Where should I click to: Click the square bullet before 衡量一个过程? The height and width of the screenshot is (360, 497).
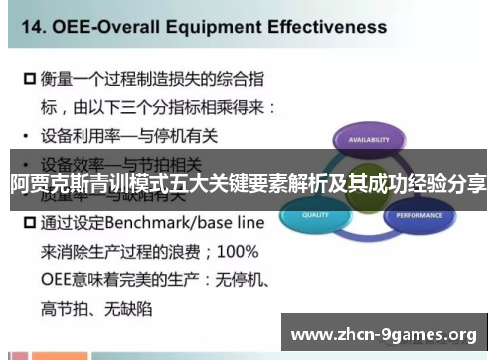tap(29, 77)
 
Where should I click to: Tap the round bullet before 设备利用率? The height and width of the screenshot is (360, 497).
tap(25, 135)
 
